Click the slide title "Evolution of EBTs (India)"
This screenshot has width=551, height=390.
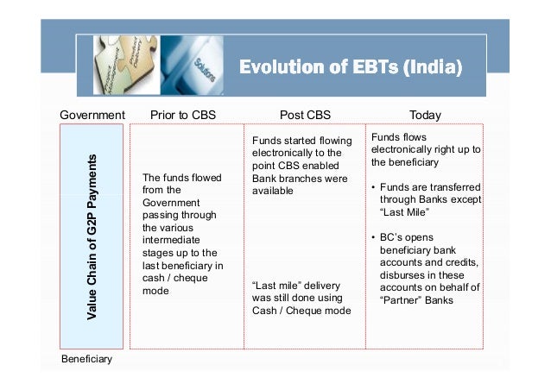[x=350, y=66]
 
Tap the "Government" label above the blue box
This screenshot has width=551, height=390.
[x=92, y=115]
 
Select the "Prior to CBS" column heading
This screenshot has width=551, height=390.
[x=183, y=115]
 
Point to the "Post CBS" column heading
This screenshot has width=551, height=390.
[x=305, y=115]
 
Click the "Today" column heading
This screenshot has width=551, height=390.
[x=425, y=115]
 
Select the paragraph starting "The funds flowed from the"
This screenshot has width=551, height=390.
[x=182, y=234]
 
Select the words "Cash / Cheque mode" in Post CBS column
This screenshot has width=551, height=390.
[x=301, y=311]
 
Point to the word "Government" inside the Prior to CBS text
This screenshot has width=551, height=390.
[x=171, y=203]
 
